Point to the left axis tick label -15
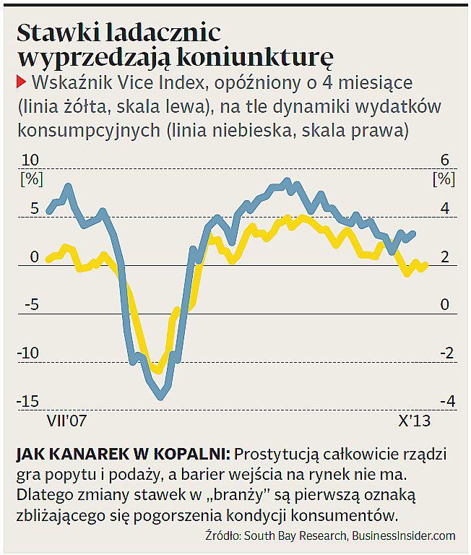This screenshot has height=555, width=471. (29, 401)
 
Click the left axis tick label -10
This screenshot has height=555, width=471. (29, 353)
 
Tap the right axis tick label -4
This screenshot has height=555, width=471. (444, 401)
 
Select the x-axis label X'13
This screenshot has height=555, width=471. (414, 420)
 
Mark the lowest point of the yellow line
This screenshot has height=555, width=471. (157, 371)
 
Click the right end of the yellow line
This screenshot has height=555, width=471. (425, 265)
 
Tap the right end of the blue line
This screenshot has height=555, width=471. (413, 233)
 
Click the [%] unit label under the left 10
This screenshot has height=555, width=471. (30, 177)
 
